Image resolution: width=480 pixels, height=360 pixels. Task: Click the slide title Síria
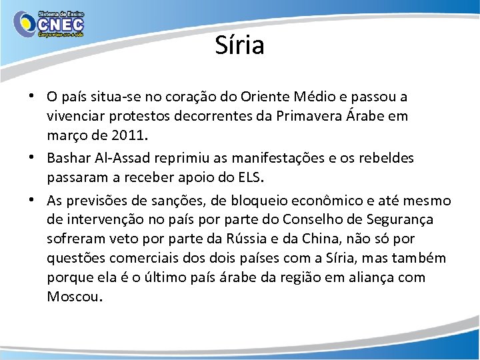240,45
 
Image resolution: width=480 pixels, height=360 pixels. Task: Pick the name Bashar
67,159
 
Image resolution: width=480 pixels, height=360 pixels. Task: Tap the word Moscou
73,297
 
